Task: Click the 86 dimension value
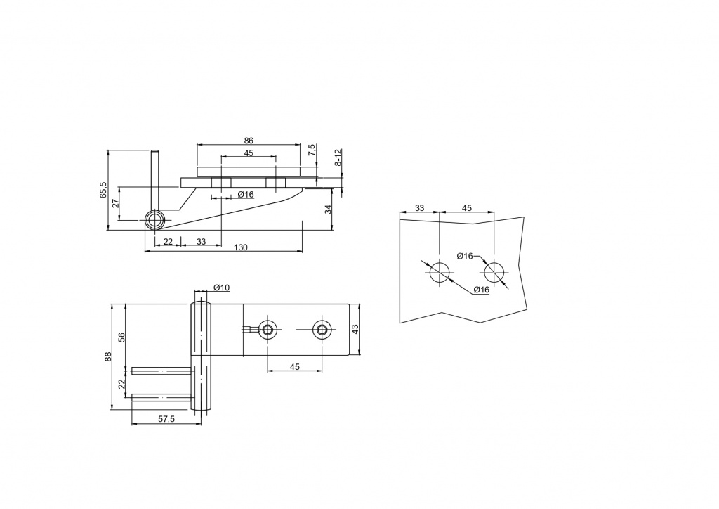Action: coord(248,141)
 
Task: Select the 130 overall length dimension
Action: coord(240,247)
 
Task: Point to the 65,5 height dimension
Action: coord(103,190)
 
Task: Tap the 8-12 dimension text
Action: coord(338,157)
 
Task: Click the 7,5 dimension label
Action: coord(312,150)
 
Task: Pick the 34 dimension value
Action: coord(328,210)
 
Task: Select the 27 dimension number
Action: coord(116,203)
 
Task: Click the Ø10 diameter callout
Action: coord(221,288)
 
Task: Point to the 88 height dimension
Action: coord(108,356)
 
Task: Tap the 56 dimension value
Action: coord(121,337)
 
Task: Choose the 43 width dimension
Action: coord(355,329)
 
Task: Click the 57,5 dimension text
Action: coord(166,419)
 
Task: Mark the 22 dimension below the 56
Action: coord(121,384)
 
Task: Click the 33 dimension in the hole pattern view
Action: coord(420,208)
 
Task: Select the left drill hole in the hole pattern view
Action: coord(440,272)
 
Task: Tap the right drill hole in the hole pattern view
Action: coord(494,273)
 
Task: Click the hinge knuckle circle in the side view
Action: coord(155,220)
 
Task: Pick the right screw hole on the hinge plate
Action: coord(322,330)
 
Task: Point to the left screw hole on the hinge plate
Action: coord(267,330)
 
